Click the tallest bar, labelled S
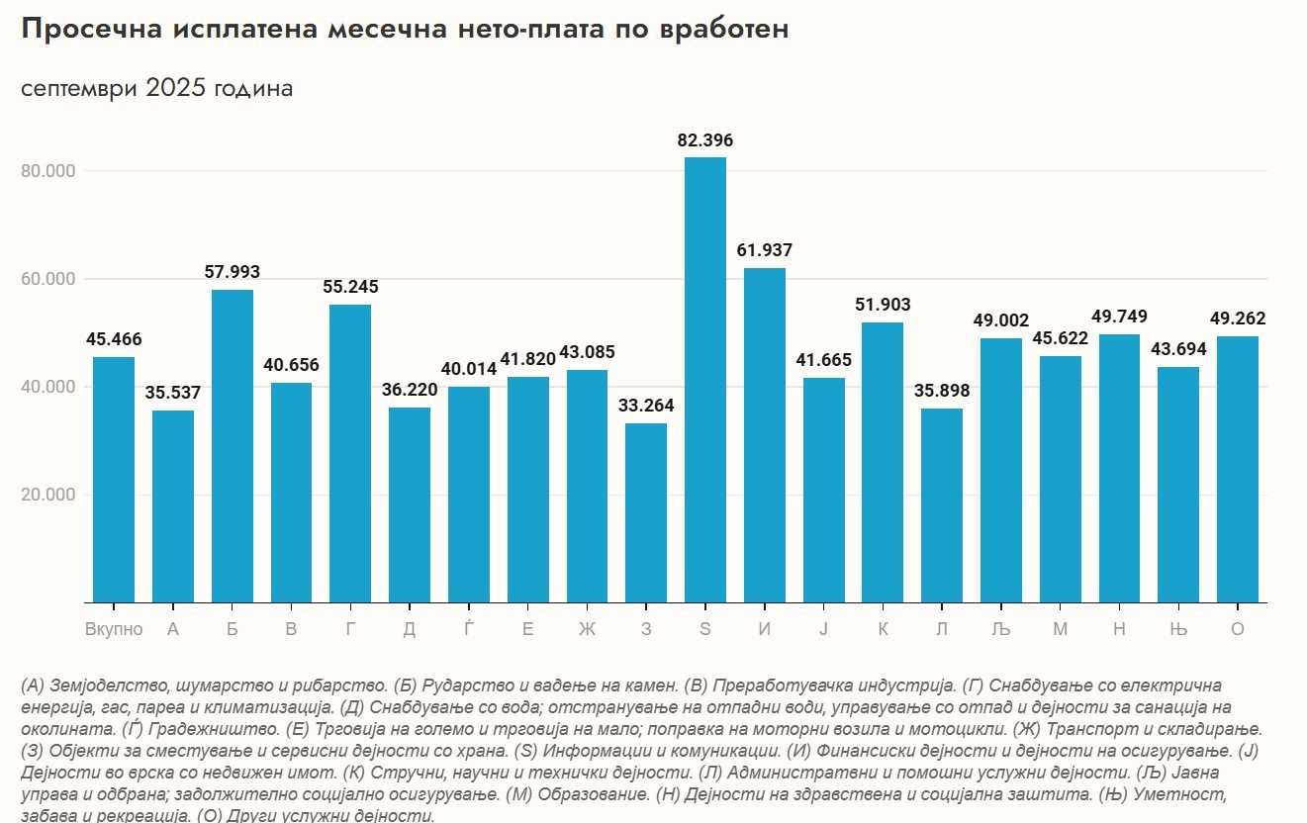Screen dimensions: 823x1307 pos(704,380)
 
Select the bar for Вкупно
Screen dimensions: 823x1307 pos(114,479)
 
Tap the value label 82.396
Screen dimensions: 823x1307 pos(704,140)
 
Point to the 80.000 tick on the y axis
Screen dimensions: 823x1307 pos(48,171)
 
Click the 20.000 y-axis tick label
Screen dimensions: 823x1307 pos(48,495)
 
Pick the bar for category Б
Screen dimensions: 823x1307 pos(232,445)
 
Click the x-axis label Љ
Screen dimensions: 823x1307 pos(1000,629)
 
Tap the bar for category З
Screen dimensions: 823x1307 pos(645,512)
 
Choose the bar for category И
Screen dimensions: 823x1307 pos(764,435)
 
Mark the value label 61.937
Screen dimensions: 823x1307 pos(764,250)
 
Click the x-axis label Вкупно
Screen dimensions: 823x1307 pos(114,629)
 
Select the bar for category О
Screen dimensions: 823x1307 pos(1237,469)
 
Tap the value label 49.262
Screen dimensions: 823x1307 pos(1237,319)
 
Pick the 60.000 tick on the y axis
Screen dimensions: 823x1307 pos(48,279)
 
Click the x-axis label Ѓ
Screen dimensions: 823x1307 pos(468,629)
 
